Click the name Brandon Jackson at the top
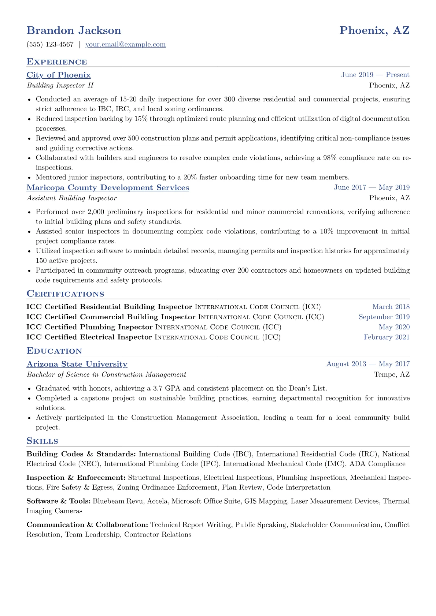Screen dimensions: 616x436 [x=74, y=30]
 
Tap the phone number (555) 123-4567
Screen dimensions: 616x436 [x=50, y=45]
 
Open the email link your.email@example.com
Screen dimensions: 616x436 [x=125, y=45]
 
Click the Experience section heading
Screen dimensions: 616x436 [x=57, y=62]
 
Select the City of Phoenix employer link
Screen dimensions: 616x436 [x=59, y=75]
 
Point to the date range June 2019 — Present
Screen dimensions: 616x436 [x=375, y=75]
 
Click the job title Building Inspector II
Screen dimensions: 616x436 [x=60, y=85]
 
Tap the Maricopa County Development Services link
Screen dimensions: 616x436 [x=108, y=188]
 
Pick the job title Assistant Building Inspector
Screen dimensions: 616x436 [x=71, y=198]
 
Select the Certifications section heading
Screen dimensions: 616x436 [x=65, y=294]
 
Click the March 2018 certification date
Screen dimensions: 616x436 [x=391, y=307]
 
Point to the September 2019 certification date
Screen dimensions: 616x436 [x=384, y=317]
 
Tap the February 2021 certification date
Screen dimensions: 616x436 [x=387, y=337]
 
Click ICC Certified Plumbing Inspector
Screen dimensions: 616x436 [x=89, y=327]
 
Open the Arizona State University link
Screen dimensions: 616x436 [x=77, y=364]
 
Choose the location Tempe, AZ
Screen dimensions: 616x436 [x=392, y=374]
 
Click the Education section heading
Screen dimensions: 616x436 [x=54, y=351]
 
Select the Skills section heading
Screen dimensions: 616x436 [x=42, y=441]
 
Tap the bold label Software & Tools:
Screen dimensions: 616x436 [x=58, y=501]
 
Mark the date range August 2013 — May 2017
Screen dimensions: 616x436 [x=368, y=364]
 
